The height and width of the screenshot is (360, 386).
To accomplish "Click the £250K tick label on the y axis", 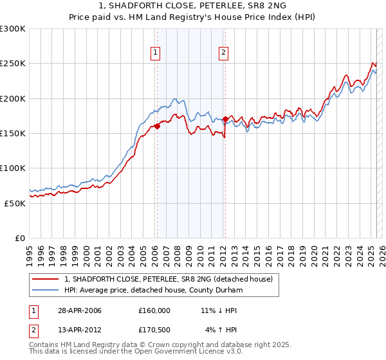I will pyautogui.click(x=12, y=64).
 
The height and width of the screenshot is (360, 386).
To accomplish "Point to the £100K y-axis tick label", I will pyautogui.click(x=12, y=168).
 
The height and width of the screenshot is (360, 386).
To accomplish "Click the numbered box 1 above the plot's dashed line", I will pyautogui.click(x=156, y=53).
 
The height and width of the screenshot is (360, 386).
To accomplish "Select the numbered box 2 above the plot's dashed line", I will pyautogui.click(x=223, y=53).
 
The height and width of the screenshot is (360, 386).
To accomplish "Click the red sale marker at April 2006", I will pyautogui.click(x=157, y=126).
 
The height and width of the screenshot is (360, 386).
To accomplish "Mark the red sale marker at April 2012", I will pyautogui.click(x=225, y=119).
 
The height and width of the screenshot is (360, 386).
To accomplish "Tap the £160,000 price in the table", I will pyautogui.click(x=154, y=310).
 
